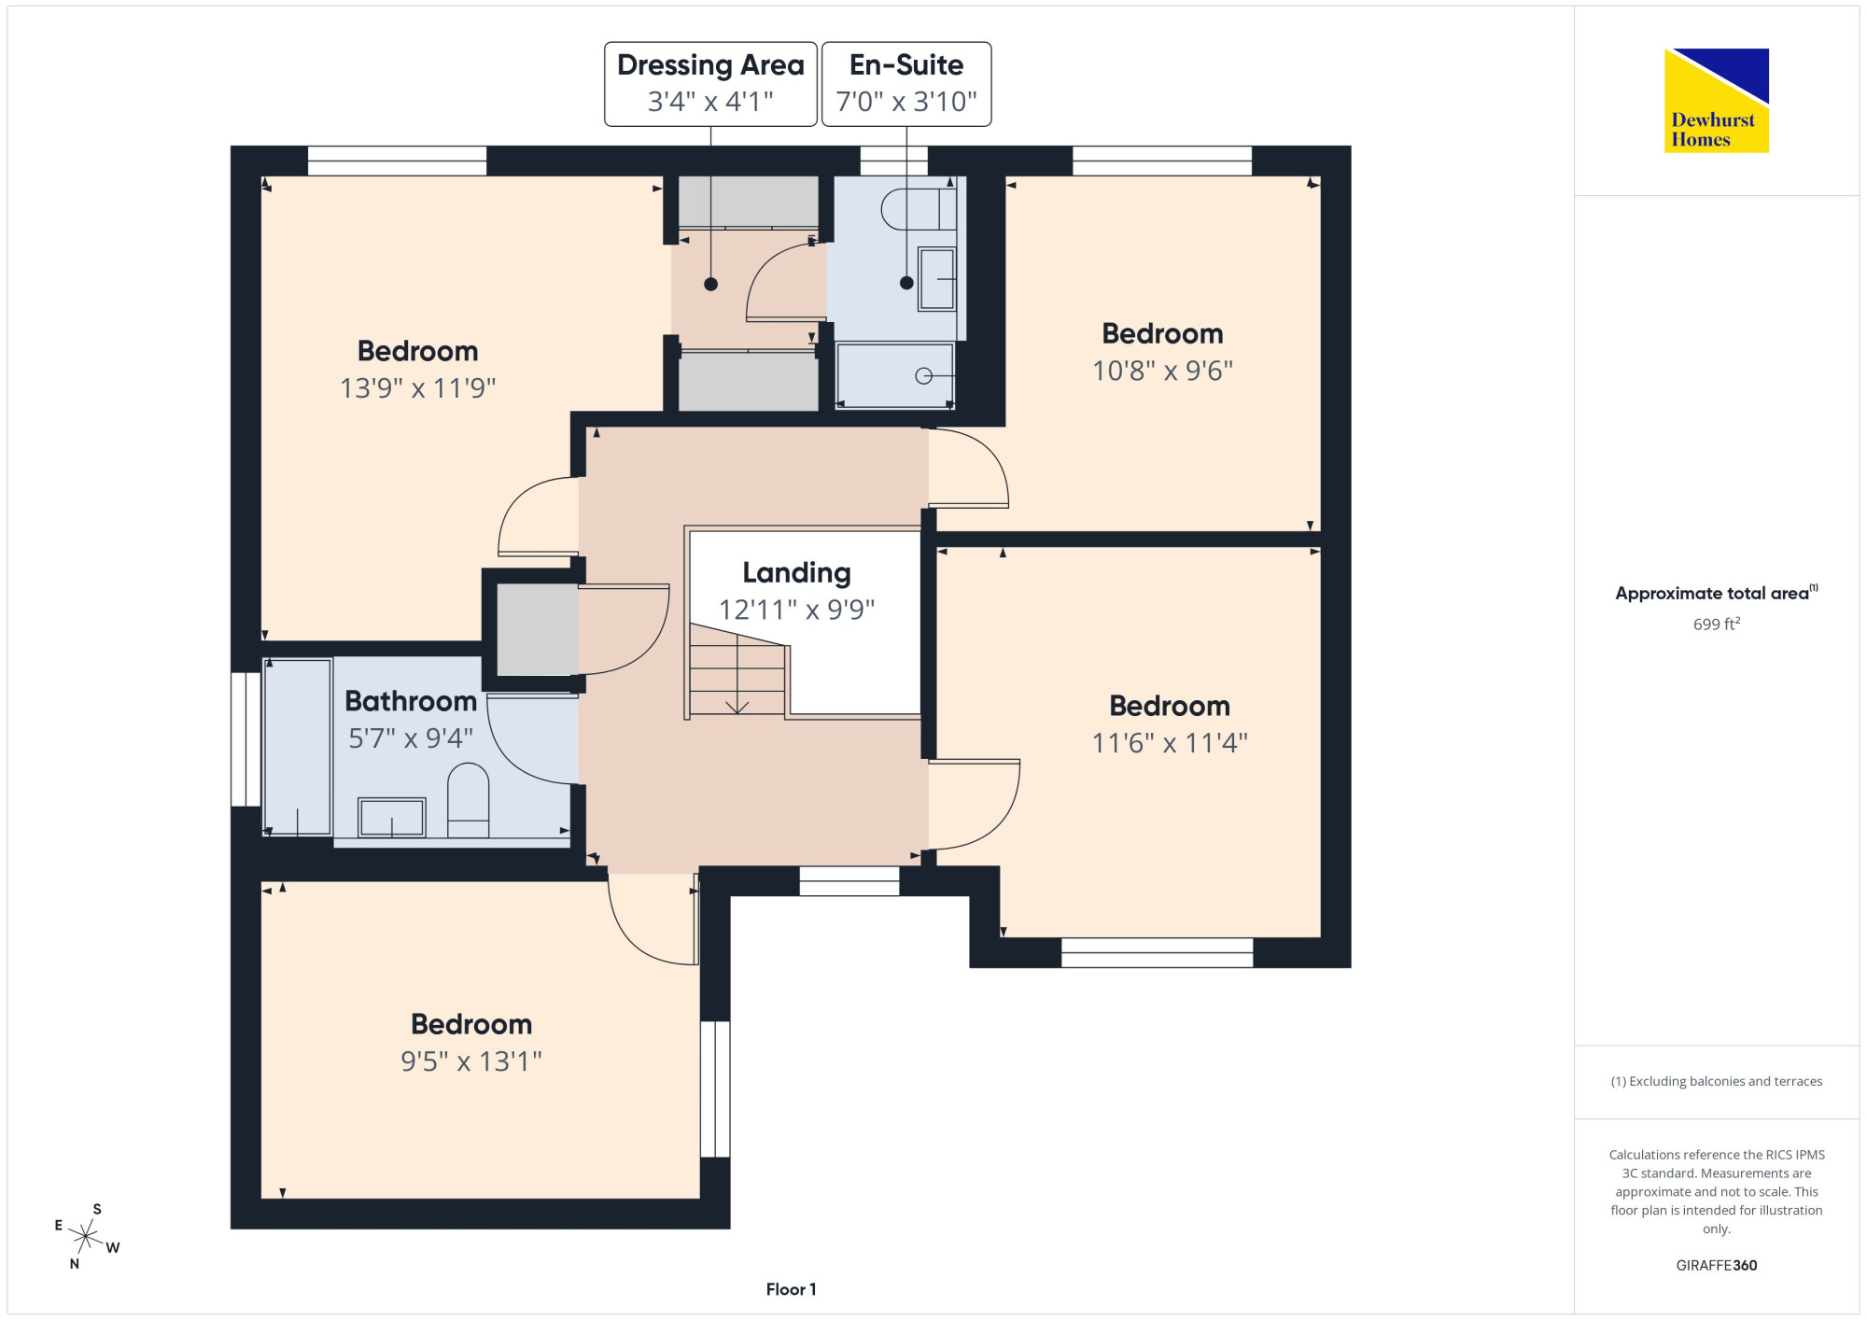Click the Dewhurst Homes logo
click(1716, 100)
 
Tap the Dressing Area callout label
click(710, 83)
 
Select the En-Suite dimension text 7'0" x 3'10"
click(906, 101)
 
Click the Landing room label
click(796, 572)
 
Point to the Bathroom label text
click(411, 701)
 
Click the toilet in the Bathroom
click(469, 800)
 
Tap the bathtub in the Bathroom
click(298, 747)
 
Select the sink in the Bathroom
click(392, 818)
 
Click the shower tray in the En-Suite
click(895, 376)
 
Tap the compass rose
click(86, 1237)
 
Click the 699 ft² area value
click(1717, 624)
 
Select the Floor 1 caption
click(791, 1289)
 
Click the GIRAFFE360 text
click(1716, 1266)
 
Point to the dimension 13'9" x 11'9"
click(417, 387)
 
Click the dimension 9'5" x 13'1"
click(471, 1061)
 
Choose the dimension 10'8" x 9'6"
click(1162, 371)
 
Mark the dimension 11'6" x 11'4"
click(1170, 743)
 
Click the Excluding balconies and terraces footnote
click(1716, 1081)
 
